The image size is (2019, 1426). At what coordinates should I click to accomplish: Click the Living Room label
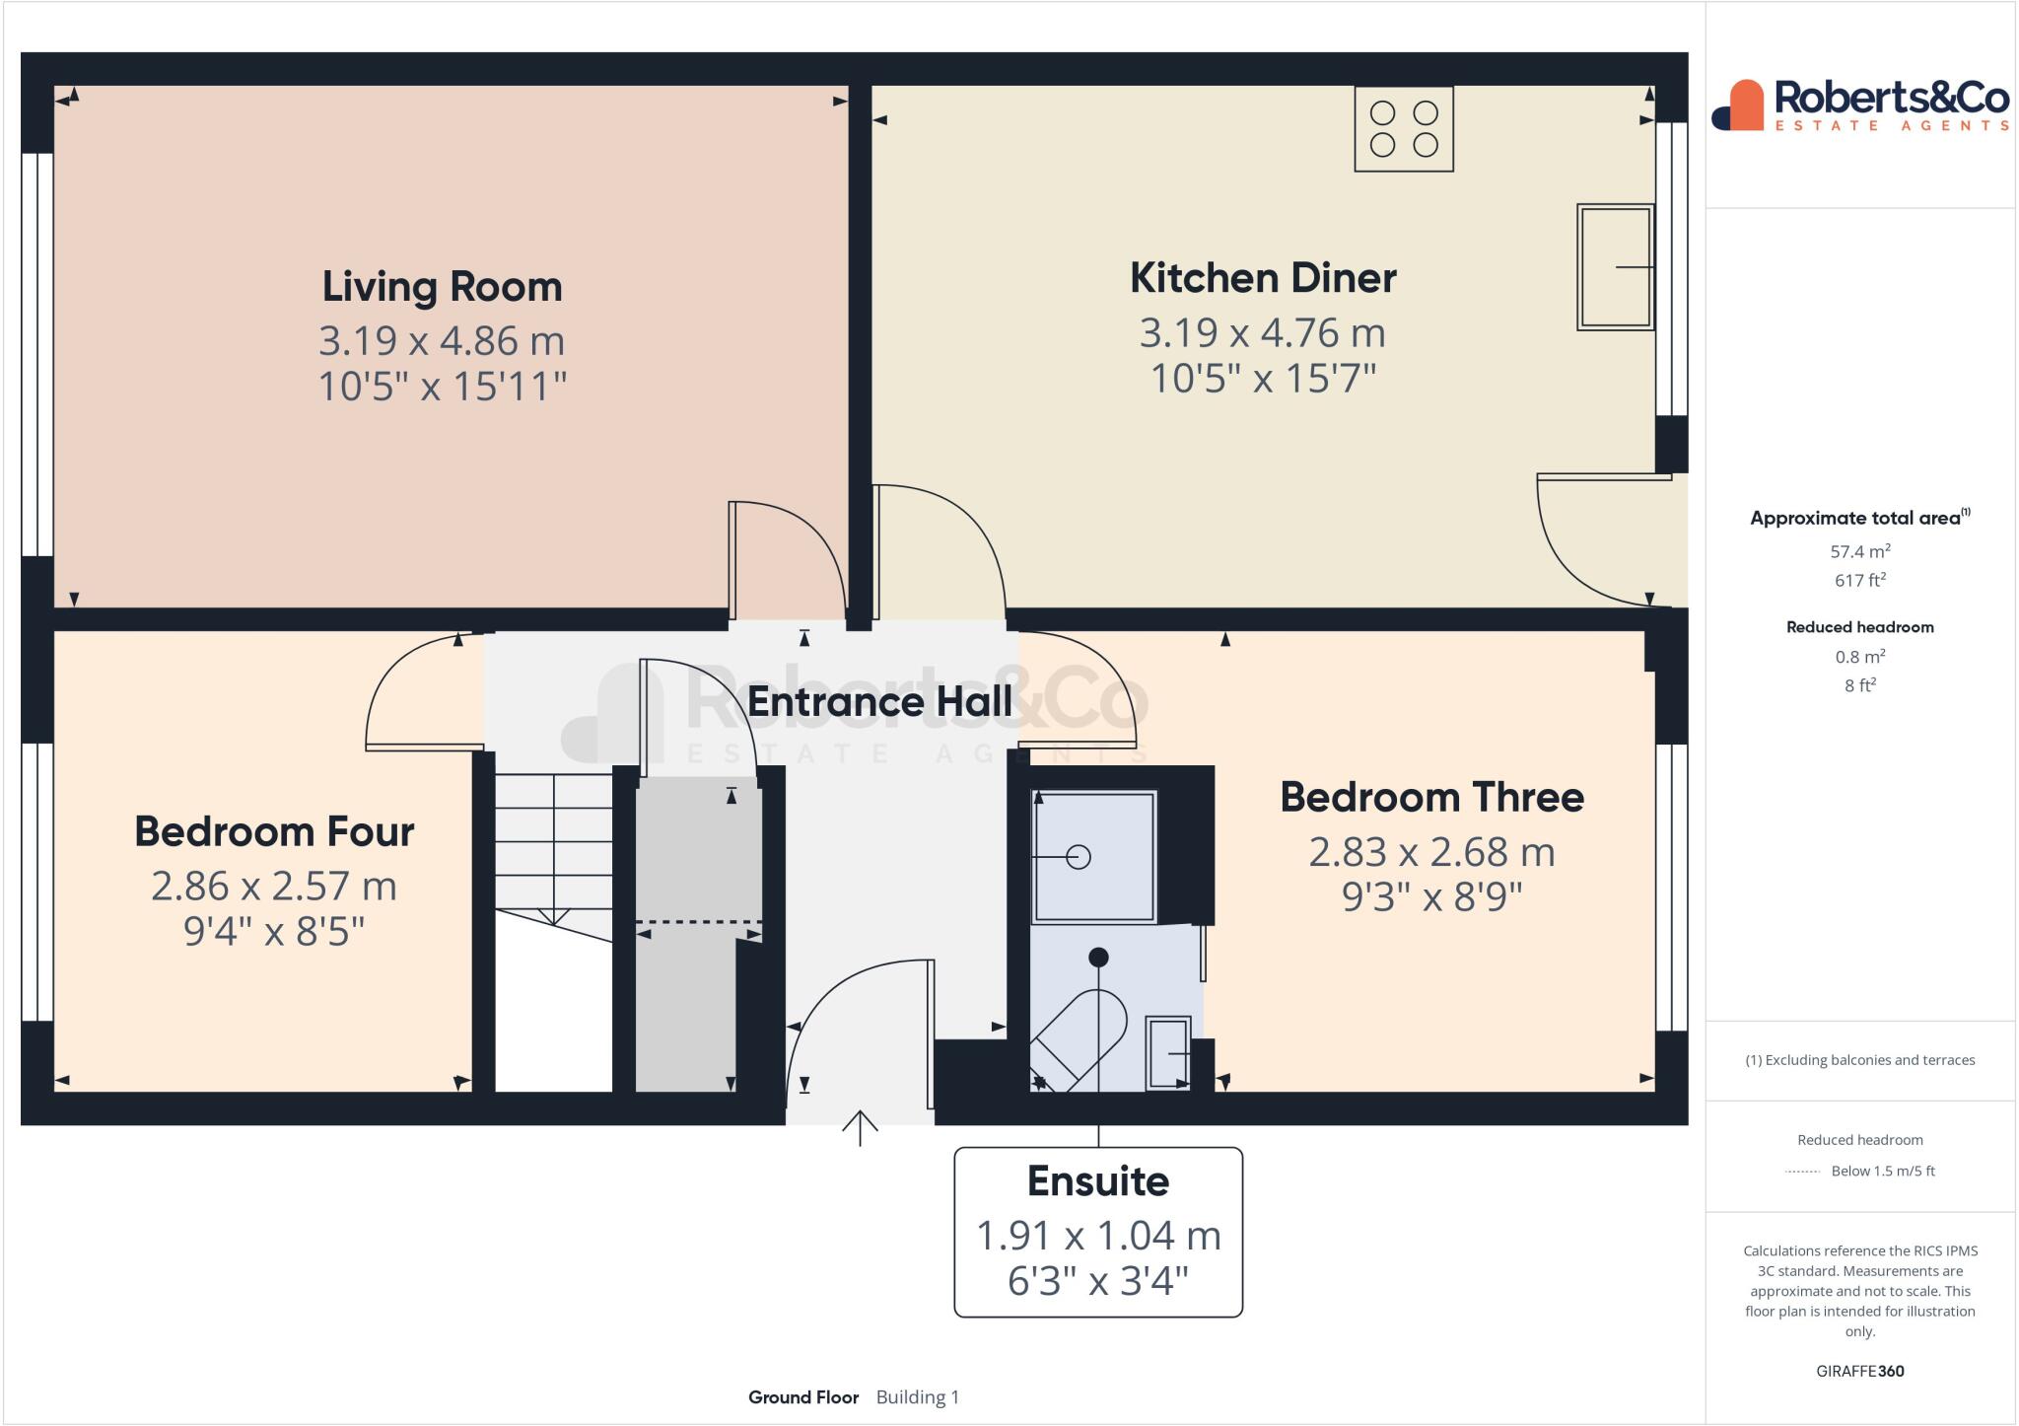tap(442, 287)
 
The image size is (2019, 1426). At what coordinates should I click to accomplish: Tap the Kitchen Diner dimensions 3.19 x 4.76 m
tap(1262, 333)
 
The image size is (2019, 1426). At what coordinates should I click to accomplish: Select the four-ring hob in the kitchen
tap(1404, 129)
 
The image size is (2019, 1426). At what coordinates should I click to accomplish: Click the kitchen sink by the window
tap(1615, 266)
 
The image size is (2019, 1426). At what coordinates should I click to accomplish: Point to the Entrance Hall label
tap(879, 702)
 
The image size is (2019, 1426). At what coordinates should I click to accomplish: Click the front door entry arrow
tap(860, 1127)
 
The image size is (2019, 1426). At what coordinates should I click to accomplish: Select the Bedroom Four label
tap(274, 831)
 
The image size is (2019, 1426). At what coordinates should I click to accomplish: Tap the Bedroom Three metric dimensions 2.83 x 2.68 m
tap(1431, 852)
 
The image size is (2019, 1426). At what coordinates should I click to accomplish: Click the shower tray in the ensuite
tap(1092, 856)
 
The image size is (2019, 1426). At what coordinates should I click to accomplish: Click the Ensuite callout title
tap(1097, 1180)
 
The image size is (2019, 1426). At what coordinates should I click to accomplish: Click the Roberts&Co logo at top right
tap(1859, 106)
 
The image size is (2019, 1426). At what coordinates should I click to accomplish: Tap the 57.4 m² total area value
tap(1859, 551)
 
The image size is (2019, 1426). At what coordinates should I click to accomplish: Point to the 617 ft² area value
tap(1859, 581)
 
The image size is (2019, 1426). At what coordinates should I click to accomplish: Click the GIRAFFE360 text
tap(1859, 1371)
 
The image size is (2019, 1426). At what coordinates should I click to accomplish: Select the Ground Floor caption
tap(802, 1397)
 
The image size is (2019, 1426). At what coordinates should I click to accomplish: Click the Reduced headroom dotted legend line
tap(1802, 1172)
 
